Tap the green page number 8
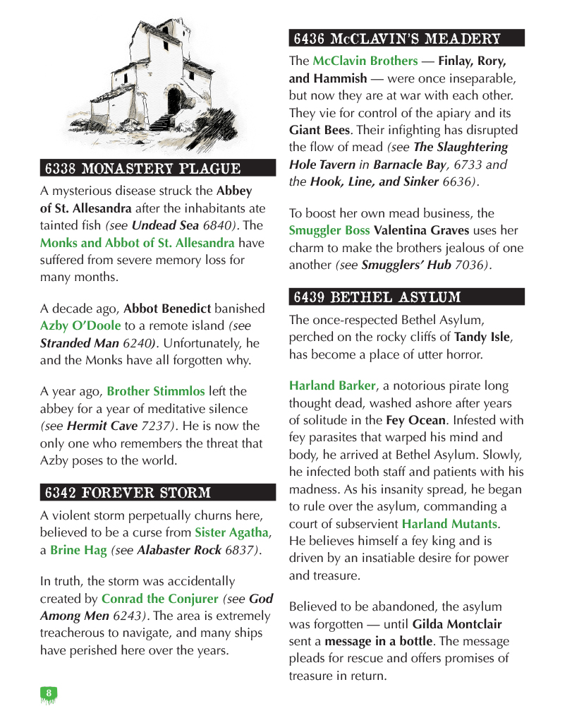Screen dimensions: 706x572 click(48, 693)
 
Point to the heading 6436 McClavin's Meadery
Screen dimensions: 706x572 click(397, 37)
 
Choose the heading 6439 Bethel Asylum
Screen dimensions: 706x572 click(377, 297)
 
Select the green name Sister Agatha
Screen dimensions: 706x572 click(232, 532)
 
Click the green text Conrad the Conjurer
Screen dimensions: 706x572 click(160, 599)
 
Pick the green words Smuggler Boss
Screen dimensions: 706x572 click(329, 230)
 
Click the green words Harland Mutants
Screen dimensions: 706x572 click(450, 524)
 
